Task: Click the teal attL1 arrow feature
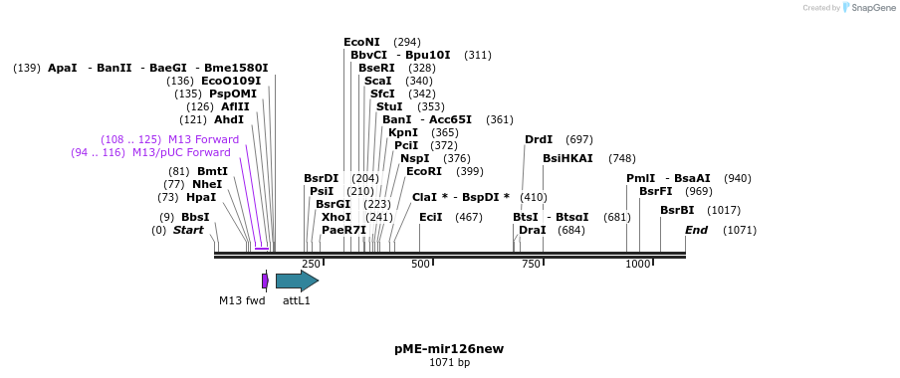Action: pos(296,282)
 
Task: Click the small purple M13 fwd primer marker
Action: pos(265,282)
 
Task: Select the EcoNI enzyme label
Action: pos(361,42)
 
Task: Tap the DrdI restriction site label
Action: pos(539,139)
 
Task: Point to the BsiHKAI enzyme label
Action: pos(567,158)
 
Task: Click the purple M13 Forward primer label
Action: pos(203,139)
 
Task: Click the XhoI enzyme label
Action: pos(337,217)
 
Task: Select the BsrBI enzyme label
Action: pos(677,210)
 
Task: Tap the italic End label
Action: pos(696,230)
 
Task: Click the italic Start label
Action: pos(188,230)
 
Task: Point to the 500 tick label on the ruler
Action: pos(420,264)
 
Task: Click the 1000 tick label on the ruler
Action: pos(638,264)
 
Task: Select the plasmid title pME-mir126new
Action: pos(449,349)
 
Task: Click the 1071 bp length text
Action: pos(449,363)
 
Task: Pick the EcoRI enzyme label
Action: pos(424,171)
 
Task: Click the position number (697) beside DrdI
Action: pos(579,139)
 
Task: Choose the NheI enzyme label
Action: pos(207,184)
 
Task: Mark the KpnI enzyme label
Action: pos(403,132)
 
